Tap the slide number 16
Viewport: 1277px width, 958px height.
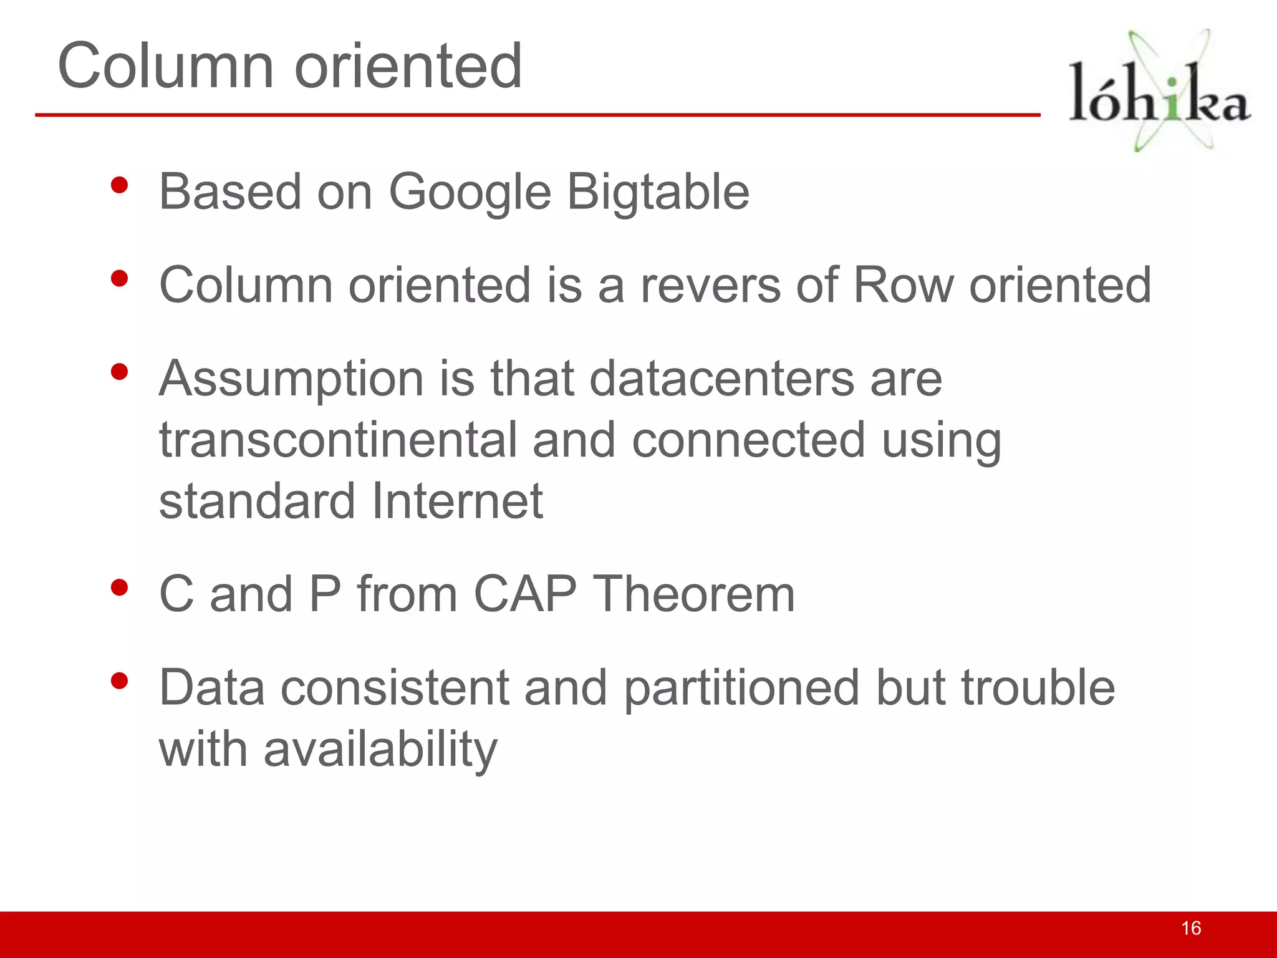coord(1191,928)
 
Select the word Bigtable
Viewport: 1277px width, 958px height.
coord(658,192)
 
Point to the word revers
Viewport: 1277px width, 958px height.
coord(710,285)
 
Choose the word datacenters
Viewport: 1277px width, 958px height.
coord(722,379)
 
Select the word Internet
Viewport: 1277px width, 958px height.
coord(457,501)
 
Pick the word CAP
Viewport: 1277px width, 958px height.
coord(525,594)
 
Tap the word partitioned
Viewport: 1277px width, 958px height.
coord(742,688)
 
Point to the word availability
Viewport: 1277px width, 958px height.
coord(380,749)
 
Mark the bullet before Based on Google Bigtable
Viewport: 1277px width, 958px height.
coord(119,185)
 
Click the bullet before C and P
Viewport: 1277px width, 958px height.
coord(119,588)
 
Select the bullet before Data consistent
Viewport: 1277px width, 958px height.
coord(119,681)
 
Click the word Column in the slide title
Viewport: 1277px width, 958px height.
coord(166,65)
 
